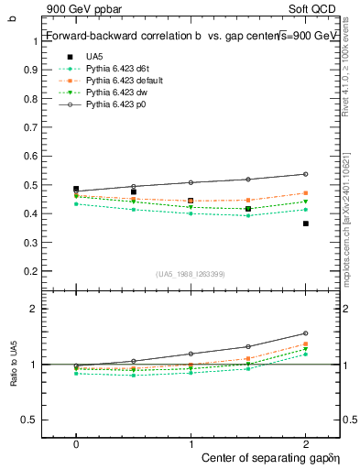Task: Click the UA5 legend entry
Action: pos(93,57)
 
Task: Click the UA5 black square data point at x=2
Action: pos(305,224)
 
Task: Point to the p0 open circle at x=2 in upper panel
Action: pos(305,174)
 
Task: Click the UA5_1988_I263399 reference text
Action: pos(191,274)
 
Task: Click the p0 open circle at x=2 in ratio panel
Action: pos(305,333)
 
